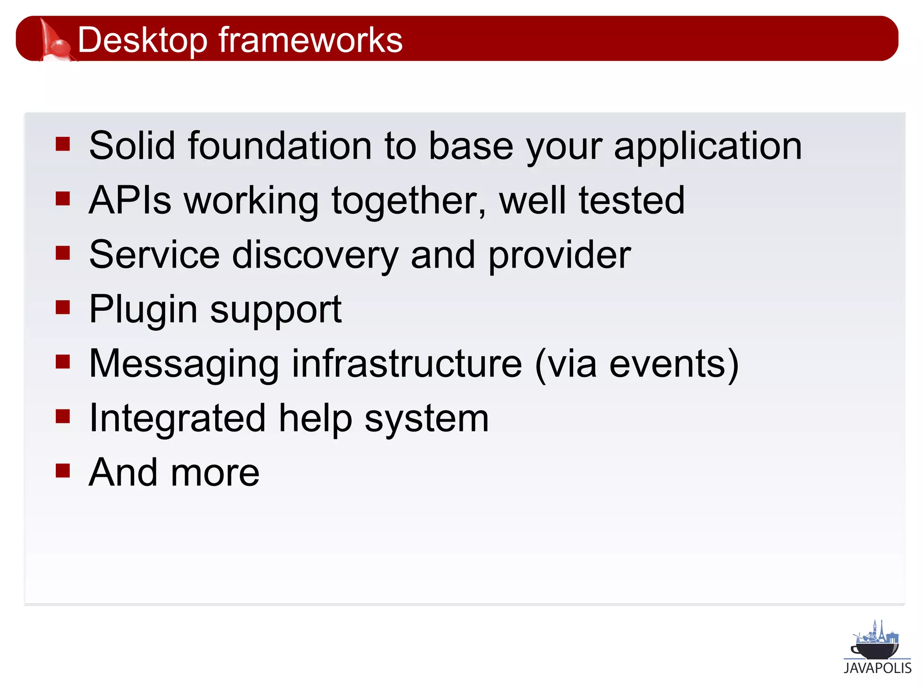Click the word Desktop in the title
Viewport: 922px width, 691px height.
[142, 40]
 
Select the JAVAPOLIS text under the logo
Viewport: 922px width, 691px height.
[877, 668]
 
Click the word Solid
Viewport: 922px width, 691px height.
[132, 146]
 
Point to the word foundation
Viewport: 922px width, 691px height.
[280, 146]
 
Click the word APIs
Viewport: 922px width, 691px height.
[130, 200]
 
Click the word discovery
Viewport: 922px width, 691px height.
[315, 256]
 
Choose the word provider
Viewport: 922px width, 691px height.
[560, 256]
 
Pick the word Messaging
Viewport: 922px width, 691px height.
[184, 364]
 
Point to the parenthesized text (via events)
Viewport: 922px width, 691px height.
[637, 364]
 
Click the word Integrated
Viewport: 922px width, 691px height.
[177, 419]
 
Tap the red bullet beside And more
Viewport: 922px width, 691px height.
[63, 471]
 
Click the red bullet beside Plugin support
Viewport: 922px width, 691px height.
[63, 307]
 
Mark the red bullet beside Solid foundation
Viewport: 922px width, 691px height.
[63, 144]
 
